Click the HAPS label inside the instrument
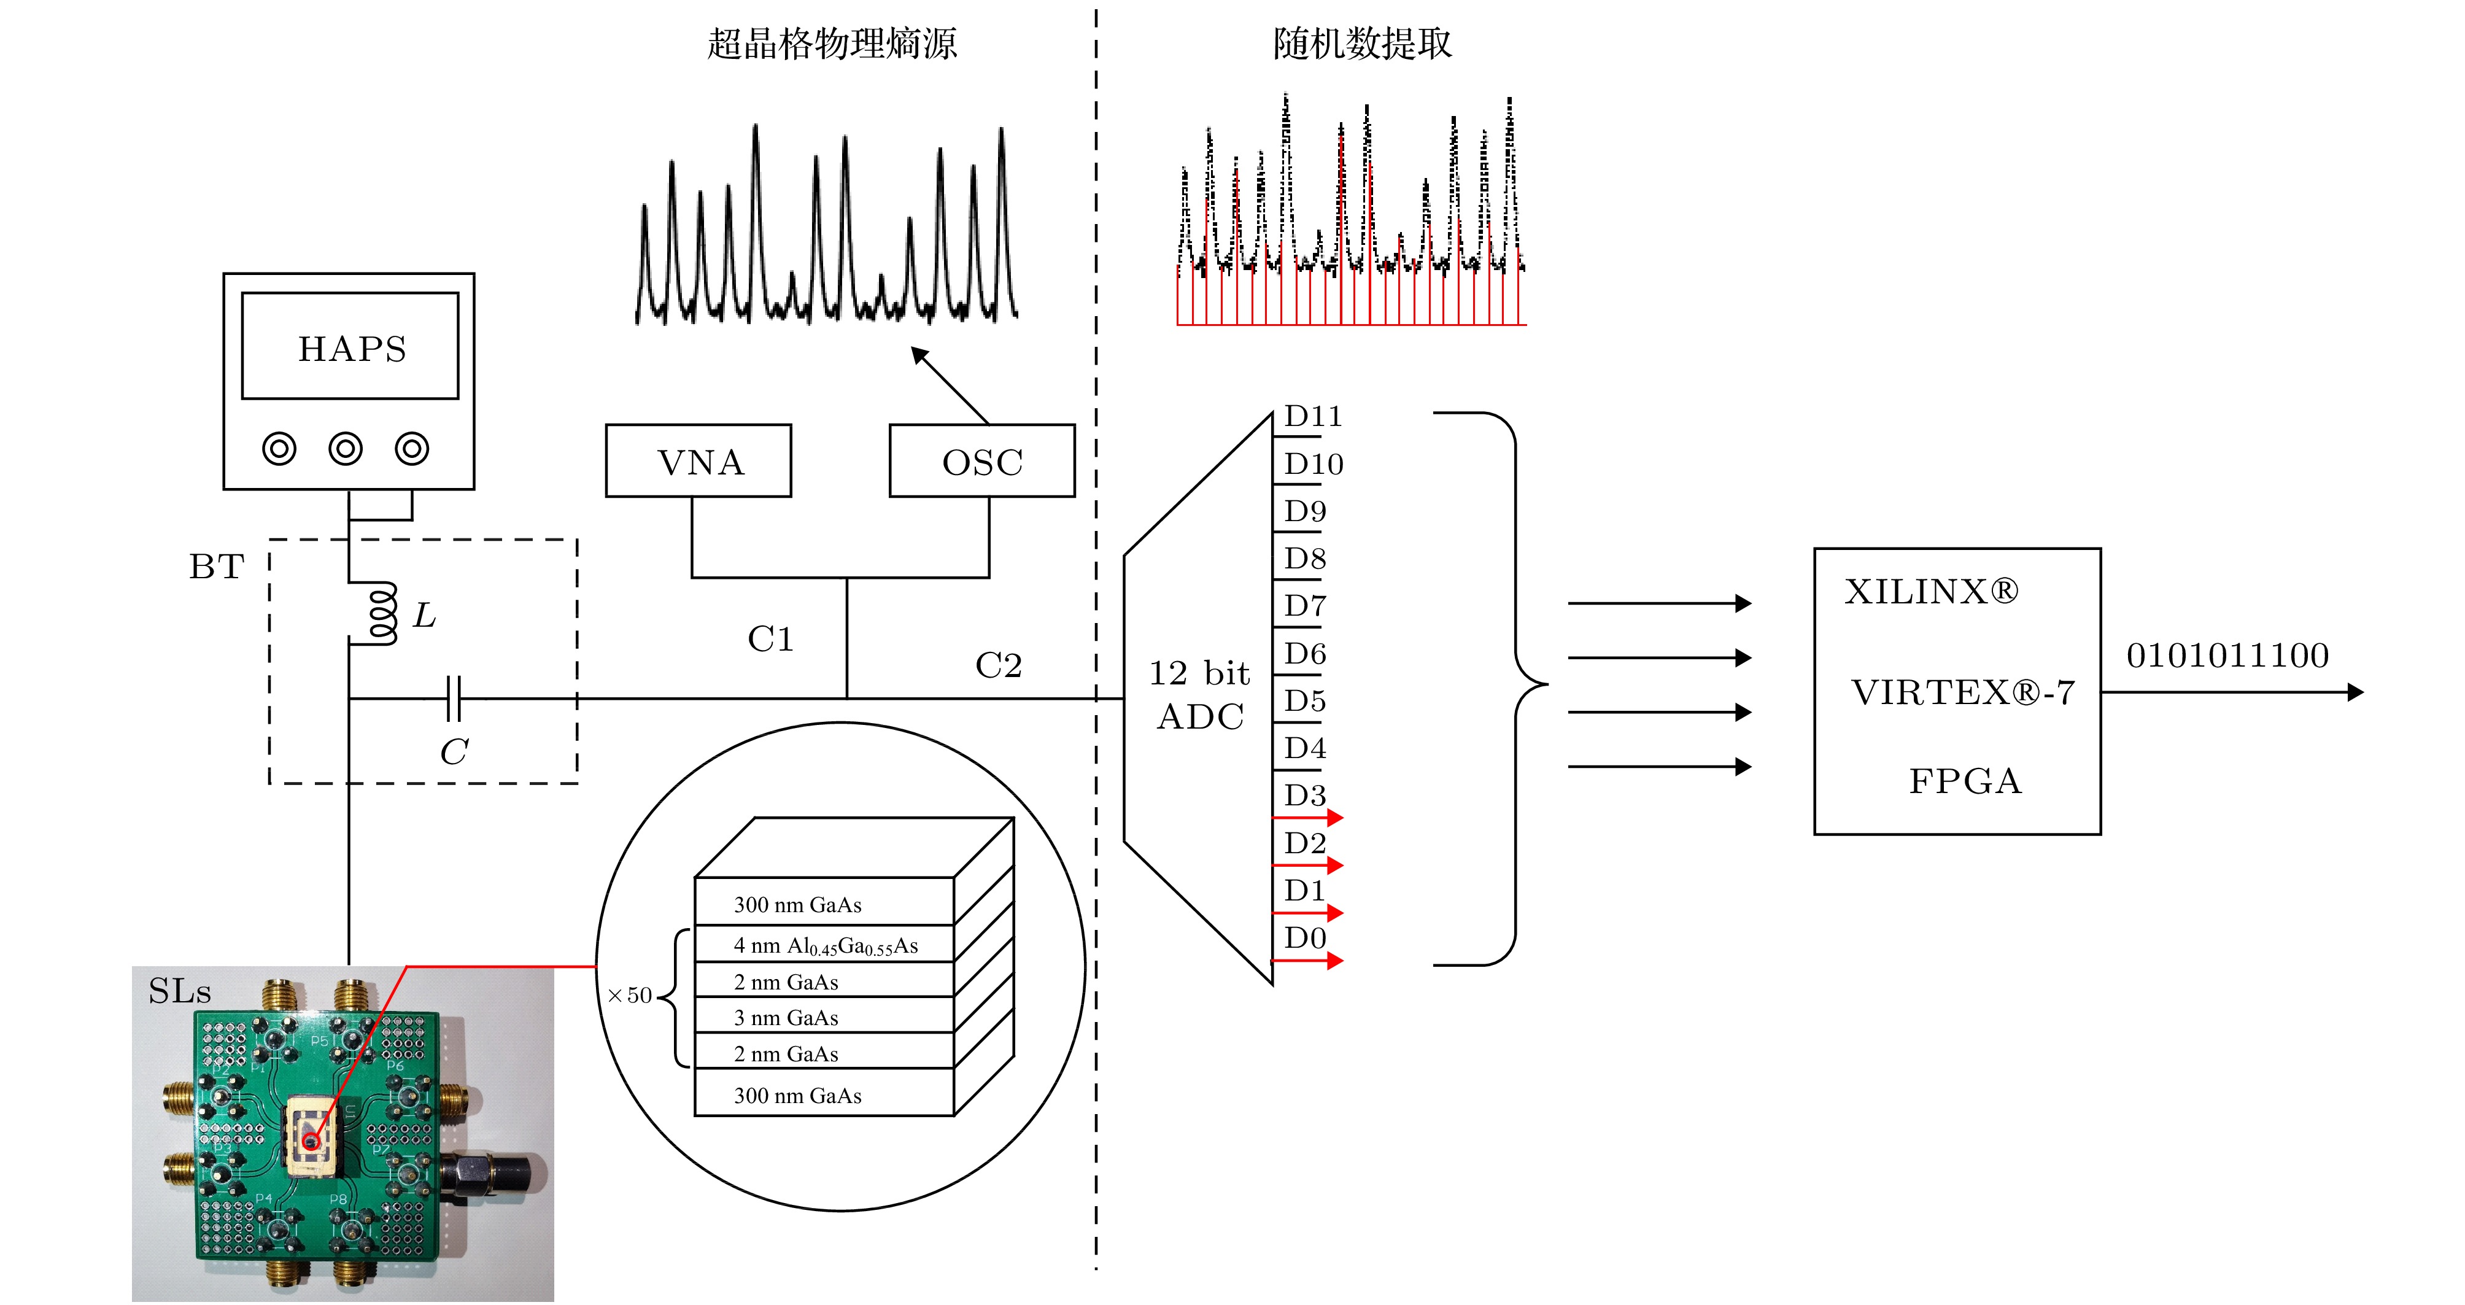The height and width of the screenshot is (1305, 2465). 352,349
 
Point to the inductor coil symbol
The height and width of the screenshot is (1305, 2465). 381,613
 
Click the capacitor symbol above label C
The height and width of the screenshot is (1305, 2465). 454,699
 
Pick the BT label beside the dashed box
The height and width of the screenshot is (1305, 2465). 216,567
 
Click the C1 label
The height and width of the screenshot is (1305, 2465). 770,639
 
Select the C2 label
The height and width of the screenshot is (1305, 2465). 998,665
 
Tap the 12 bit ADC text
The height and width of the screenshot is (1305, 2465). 1199,695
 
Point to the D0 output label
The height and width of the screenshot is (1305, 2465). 1304,937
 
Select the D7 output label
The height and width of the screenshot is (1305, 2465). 1304,606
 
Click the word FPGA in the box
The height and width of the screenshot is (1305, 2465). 1965,781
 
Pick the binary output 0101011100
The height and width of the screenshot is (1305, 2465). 2227,656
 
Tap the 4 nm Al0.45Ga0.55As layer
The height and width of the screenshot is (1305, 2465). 825,945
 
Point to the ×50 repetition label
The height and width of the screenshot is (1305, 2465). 630,995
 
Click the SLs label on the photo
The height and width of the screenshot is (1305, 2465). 179,991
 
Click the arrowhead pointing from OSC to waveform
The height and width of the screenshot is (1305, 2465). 919,355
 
